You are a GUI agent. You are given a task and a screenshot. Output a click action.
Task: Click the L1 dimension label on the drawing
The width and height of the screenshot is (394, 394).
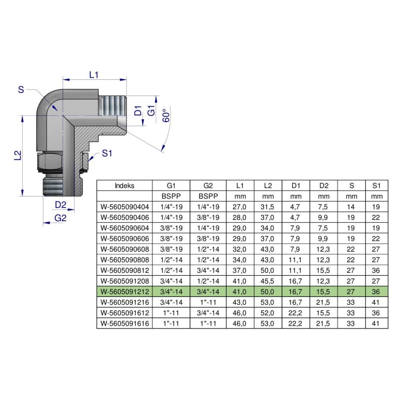[x=94, y=75]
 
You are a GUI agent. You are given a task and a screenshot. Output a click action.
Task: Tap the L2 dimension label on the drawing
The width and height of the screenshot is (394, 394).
[x=17, y=156]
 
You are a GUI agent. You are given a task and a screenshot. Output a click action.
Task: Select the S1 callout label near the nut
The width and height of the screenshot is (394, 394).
[x=107, y=154]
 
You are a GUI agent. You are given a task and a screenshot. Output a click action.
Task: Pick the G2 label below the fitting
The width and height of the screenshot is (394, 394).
[x=60, y=218]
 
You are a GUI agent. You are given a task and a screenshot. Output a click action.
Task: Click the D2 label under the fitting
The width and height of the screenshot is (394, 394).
[x=61, y=204]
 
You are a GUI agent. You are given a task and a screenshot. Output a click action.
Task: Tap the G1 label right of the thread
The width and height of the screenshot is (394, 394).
[x=152, y=111]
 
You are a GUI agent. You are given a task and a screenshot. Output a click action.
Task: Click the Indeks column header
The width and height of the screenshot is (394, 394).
[x=125, y=186]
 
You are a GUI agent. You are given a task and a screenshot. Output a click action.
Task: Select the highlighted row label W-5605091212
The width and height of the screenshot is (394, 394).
[x=125, y=291]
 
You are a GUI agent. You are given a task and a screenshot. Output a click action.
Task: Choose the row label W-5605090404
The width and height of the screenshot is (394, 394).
[x=125, y=206]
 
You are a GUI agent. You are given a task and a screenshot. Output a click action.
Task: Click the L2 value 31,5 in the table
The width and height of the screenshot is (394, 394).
[x=268, y=206]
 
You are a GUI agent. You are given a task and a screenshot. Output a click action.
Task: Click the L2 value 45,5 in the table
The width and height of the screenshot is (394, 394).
[x=268, y=281]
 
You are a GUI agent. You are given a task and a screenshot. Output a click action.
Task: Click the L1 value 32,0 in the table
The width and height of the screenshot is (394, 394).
[x=240, y=249]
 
